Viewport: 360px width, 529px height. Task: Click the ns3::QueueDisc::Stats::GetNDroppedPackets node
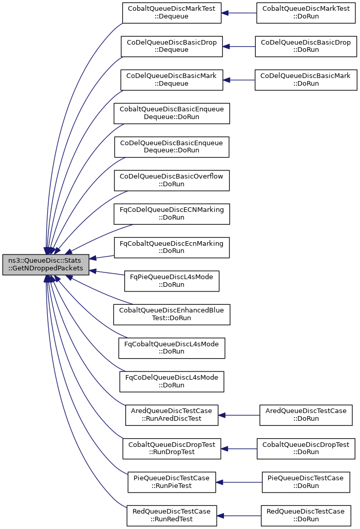[x=46, y=265]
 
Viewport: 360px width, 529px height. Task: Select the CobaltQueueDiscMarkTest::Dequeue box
[x=172, y=13]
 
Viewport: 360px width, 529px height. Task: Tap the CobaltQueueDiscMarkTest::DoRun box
[x=306, y=13]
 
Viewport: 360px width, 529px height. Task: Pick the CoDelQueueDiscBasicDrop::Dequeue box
[x=172, y=46]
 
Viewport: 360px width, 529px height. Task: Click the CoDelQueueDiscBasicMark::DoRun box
[x=306, y=80]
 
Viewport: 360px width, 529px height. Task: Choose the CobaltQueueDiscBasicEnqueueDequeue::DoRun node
[x=172, y=113]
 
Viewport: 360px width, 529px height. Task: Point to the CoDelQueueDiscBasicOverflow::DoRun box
[x=172, y=181]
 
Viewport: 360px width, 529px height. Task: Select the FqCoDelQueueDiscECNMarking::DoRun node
[x=172, y=214]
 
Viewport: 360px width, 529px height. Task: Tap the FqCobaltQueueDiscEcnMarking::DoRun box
[x=172, y=248]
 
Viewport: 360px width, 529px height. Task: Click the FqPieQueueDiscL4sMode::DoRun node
[x=172, y=281]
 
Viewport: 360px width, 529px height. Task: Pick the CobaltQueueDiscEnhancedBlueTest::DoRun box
[x=172, y=315]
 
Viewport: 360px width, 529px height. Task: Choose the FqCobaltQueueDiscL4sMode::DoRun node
[x=172, y=348]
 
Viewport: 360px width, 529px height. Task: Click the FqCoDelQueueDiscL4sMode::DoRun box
[x=172, y=382]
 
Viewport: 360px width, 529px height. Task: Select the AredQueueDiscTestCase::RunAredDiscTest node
[x=172, y=415]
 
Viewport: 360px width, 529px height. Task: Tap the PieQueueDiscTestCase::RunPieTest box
[x=172, y=482]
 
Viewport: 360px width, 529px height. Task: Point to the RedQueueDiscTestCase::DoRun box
[x=306, y=516]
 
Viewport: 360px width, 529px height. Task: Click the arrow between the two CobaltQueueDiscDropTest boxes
[x=239, y=449]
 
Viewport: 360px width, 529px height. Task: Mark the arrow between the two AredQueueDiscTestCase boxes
[x=239, y=415]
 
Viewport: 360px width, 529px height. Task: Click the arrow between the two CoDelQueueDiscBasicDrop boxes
[x=239, y=46]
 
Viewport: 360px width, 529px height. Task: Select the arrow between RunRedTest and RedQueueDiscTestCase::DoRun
[x=239, y=516]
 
